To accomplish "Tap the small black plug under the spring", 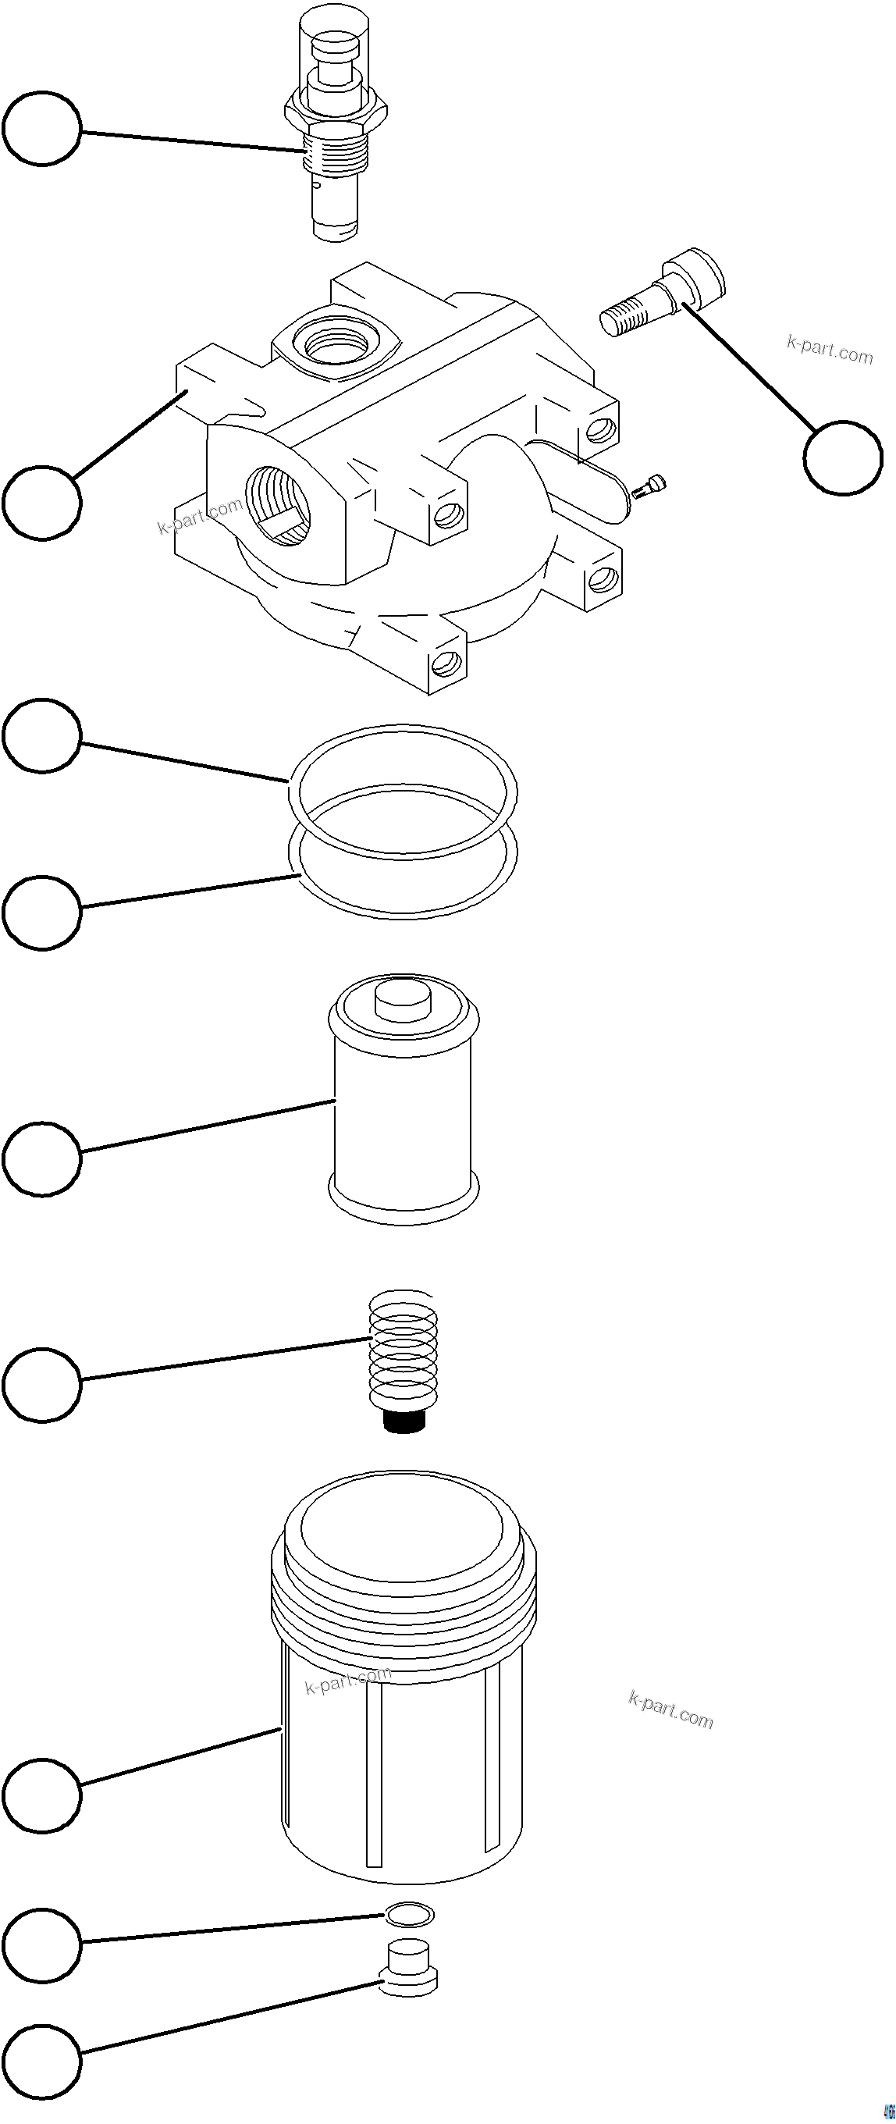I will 403,1421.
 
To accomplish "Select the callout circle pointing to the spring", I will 42,1385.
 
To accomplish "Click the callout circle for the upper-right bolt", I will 842,457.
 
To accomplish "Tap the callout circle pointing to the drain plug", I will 42,2059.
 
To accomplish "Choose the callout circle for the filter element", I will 42,1158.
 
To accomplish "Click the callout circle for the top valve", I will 42,129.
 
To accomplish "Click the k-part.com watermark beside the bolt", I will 829,350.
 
